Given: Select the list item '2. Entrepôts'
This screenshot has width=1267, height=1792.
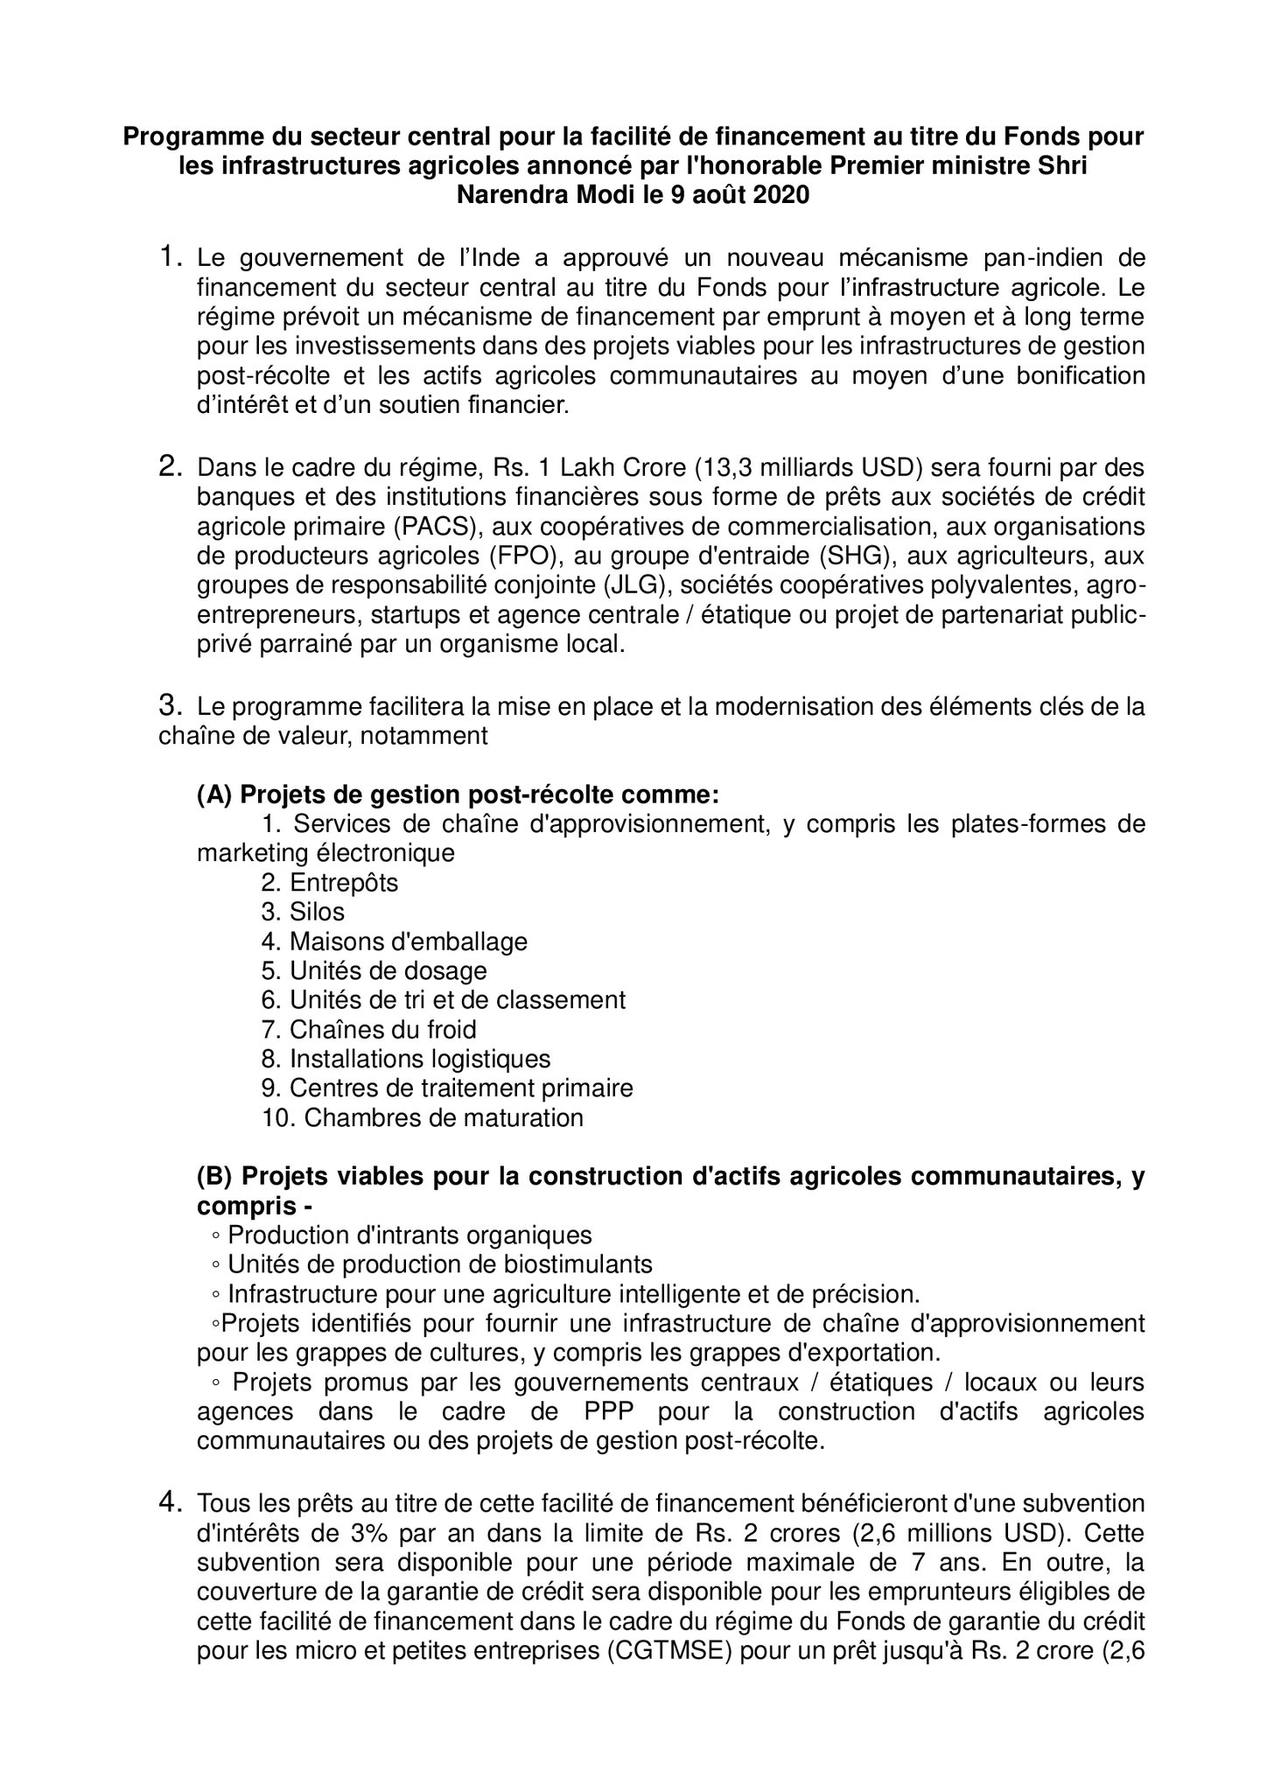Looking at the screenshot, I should click(x=329, y=883).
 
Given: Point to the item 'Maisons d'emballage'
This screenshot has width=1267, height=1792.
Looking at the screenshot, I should click(x=408, y=941).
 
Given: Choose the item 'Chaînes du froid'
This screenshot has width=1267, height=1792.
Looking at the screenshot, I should click(x=382, y=1030).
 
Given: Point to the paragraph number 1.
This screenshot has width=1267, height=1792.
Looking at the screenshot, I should click(x=170, y=257).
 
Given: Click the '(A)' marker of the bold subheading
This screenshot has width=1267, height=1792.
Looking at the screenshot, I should click(x=214, y=794).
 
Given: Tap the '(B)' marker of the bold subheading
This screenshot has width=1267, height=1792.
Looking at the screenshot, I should click(x=214, y=1177).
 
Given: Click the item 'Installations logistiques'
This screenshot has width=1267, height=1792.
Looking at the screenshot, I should click(x=420, y=1059).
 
